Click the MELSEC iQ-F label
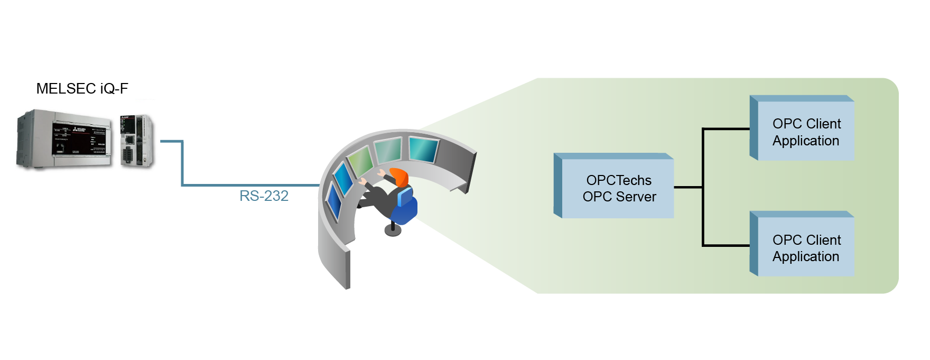(x=82, y=88)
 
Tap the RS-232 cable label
(x=264, y=196)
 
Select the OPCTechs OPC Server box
(x=613, y=186)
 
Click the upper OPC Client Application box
(x=802, y=128)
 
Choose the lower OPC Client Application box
(x=802, y=244)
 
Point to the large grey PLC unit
(x=64, y=140)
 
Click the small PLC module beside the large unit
(x=136, y=141)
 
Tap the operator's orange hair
(x=400, y=176)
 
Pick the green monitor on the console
(x=361, y=161)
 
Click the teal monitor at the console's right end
(x=424, y=149)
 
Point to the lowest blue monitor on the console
(x=333, y=201)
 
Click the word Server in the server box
(x=637, y=197)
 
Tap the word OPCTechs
(x=619, y=180)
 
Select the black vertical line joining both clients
(x=703, y=187)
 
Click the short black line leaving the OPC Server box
(x=688, y=187)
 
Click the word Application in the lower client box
(x=806, y=257)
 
